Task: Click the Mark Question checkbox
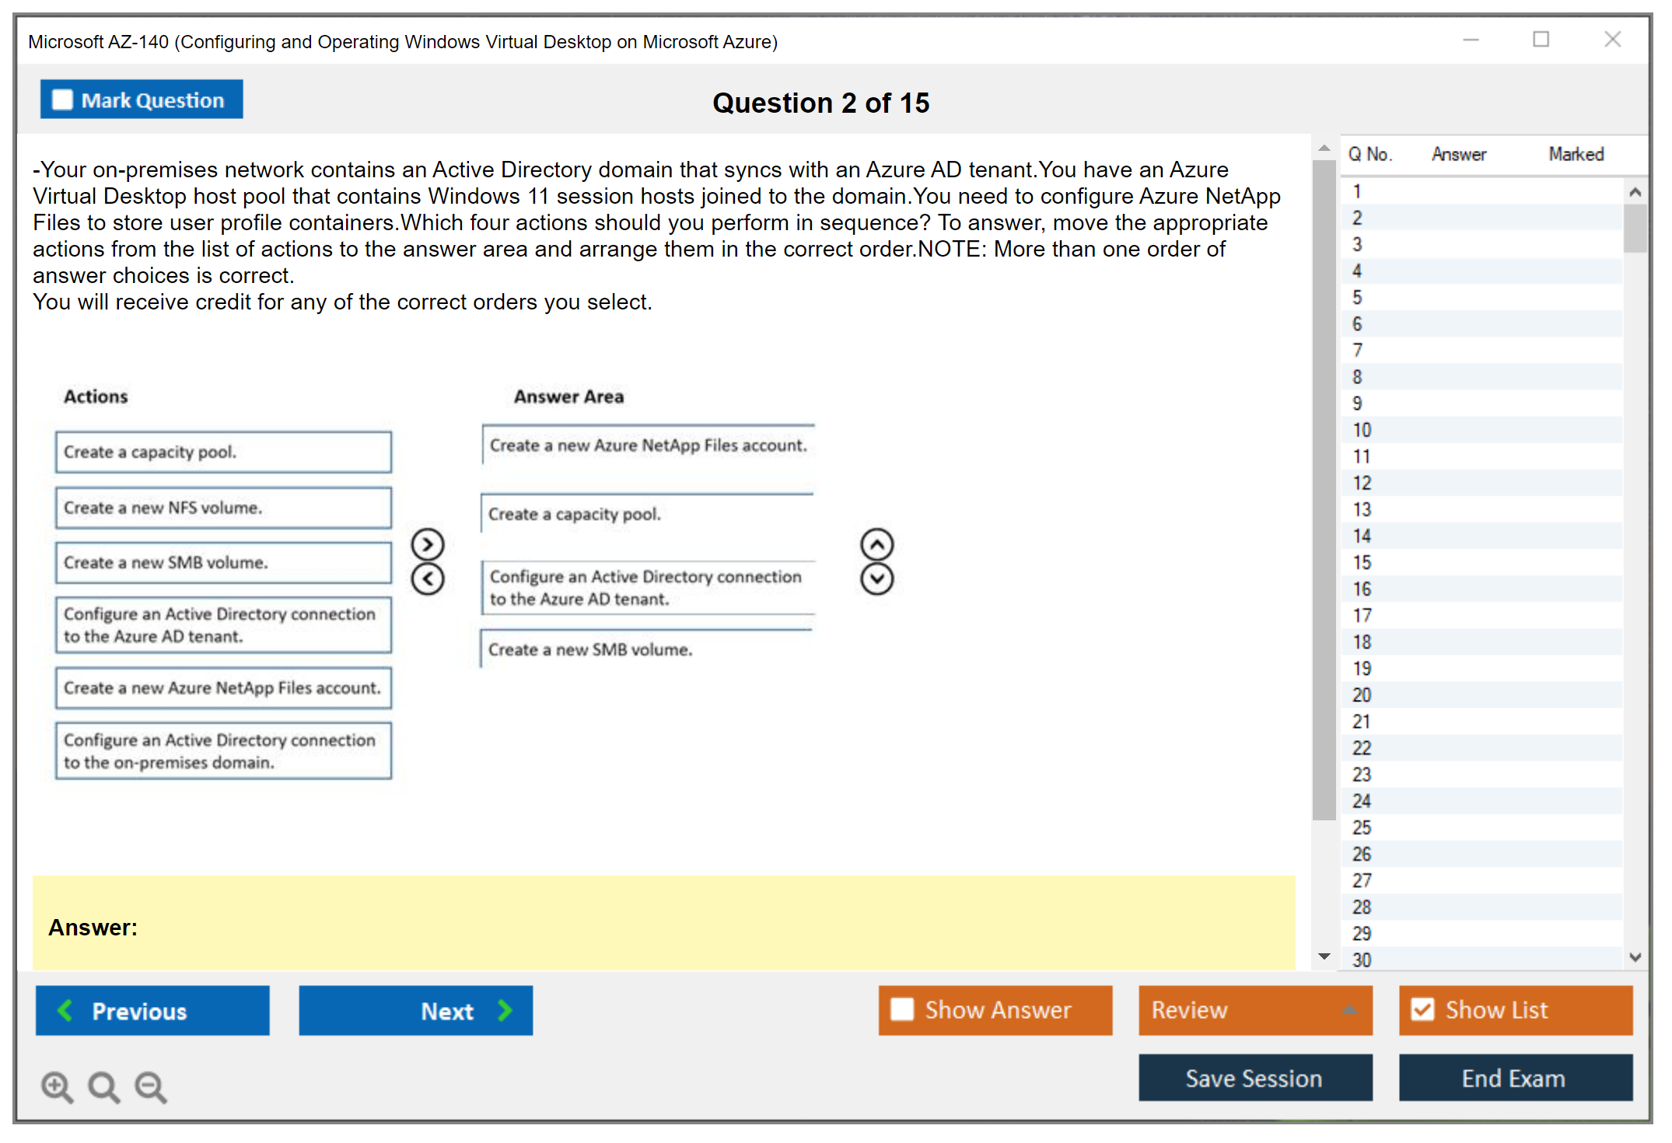coord(62,100)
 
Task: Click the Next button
coord(416,1011)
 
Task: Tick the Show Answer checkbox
coord(902,1009)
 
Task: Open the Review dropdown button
coord(1255,1010)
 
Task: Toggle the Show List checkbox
coord(1422,1009)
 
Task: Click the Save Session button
coord(1255,1078)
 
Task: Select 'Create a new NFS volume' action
coord(223,508)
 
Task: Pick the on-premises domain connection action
coord(223,751)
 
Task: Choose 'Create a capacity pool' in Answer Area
coord(647,514)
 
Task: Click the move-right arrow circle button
coord(428,545)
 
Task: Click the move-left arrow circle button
coord(428,579)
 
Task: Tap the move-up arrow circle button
coord(877,545)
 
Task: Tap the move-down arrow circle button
coord(877,579)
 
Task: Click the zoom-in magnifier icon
coord(57,1086)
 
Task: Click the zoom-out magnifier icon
coord(151,1086)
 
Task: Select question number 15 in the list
coord(1362,563)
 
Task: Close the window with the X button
coord(1613,39)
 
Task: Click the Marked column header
coord(1576,154)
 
